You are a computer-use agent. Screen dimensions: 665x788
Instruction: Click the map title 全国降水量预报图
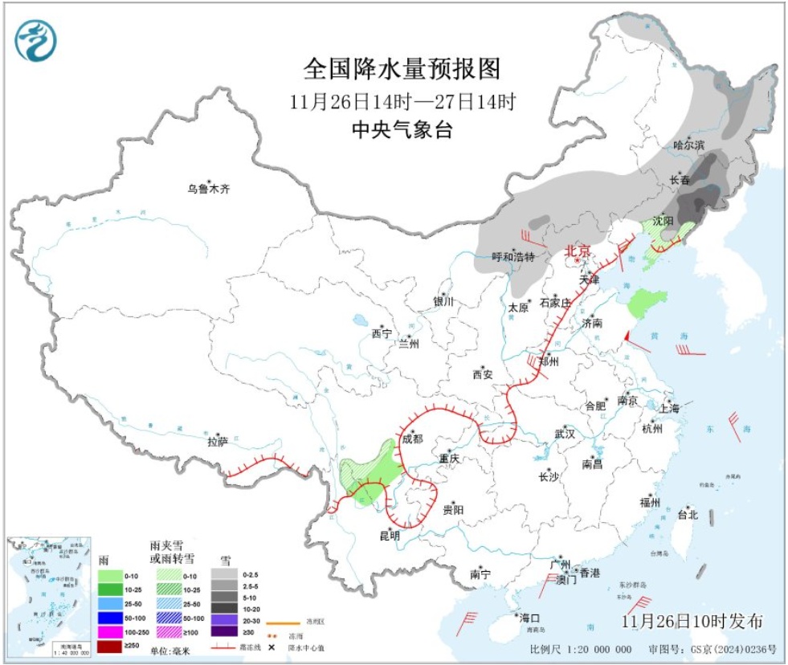(x=402, y=69)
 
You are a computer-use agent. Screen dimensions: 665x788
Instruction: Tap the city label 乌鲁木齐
(x=208, y=190)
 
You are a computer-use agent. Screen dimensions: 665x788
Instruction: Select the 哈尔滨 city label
(x=688, y=145)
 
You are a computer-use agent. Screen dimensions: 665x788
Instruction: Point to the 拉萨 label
(x=218, y=441)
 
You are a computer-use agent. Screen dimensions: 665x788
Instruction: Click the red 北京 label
(x=577, y=251)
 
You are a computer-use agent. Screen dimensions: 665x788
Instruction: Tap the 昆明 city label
(x=390, y=535)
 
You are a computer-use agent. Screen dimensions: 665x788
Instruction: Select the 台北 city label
(x=688, y=514)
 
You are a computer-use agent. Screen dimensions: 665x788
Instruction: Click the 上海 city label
(x=668, y=408)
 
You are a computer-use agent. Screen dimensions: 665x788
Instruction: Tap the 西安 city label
(x=482, y=374)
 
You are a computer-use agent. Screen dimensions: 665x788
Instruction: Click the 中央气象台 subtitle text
(x=402, y=130)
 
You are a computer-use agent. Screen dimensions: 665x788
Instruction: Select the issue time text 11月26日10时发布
(x=692, y=621)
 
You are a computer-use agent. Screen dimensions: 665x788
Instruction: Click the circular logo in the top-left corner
(x=36, y=40)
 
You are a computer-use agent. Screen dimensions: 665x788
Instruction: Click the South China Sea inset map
(x=48, y=594)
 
